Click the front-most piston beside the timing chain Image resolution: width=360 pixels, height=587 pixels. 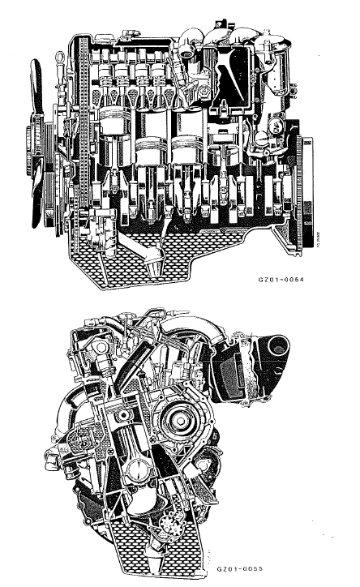114,134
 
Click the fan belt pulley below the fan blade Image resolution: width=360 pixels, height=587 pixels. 41,150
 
